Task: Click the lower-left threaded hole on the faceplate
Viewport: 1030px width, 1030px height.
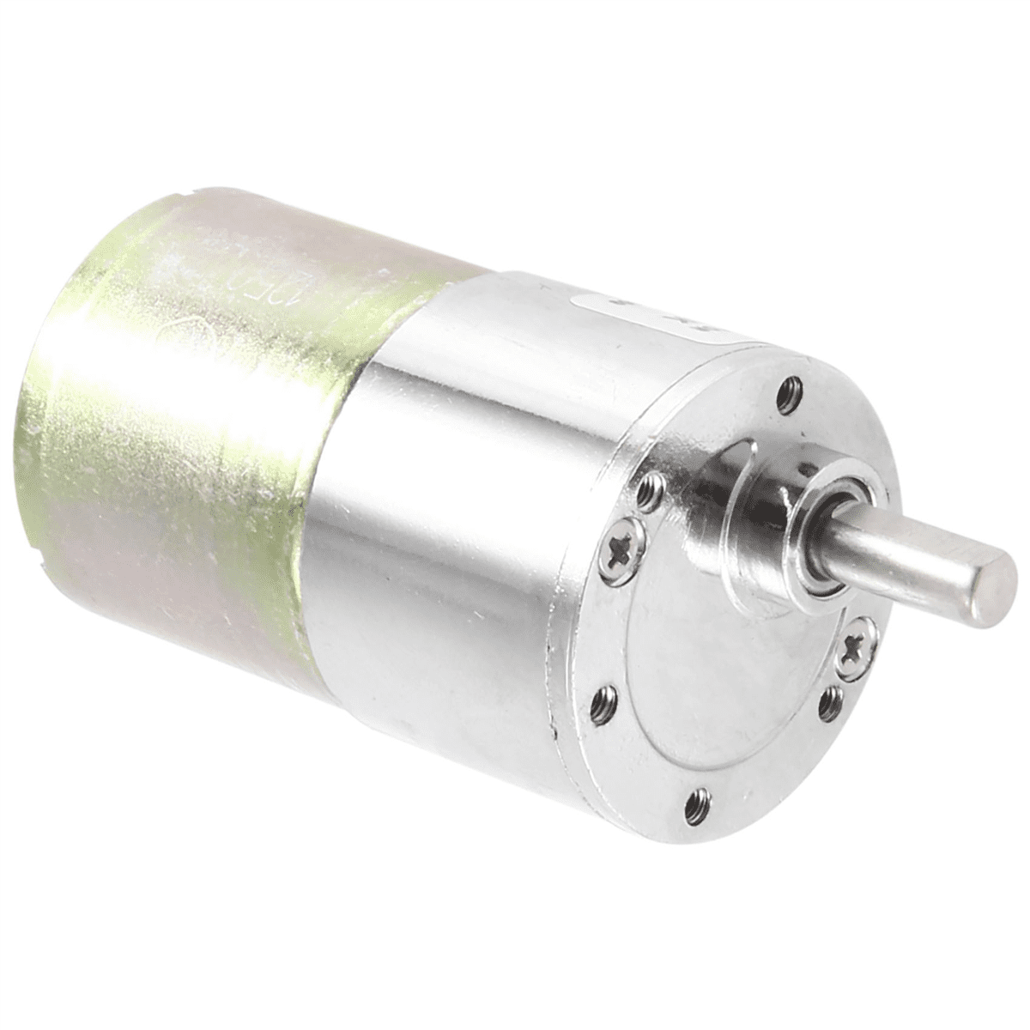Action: click(604, 704)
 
